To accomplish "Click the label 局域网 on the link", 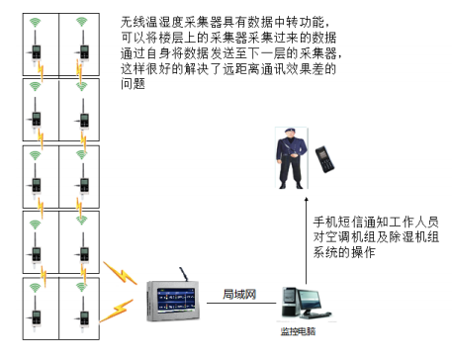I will (x=240, y=295).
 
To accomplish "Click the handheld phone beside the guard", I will (x=322, y=157).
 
